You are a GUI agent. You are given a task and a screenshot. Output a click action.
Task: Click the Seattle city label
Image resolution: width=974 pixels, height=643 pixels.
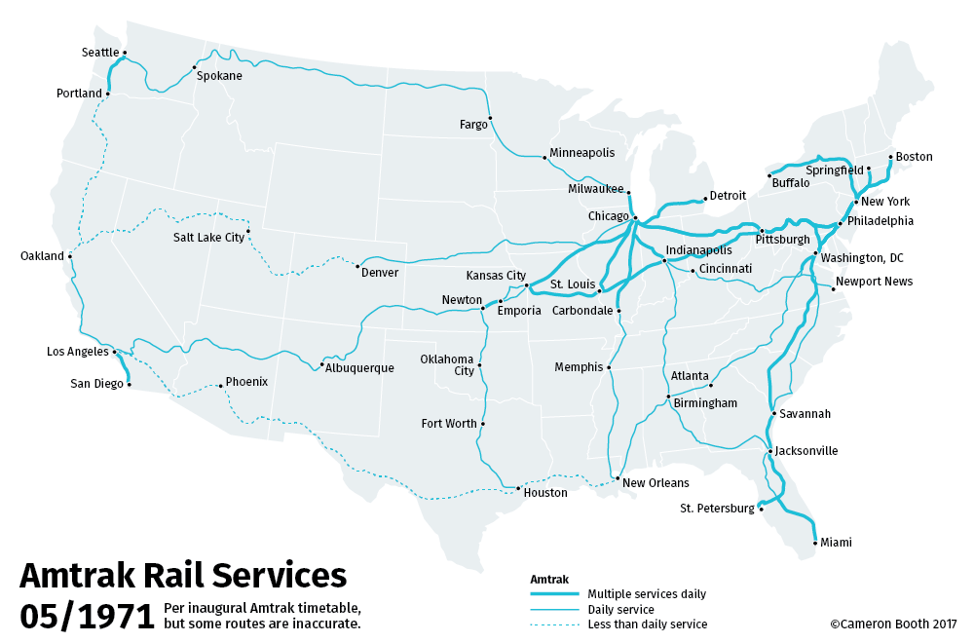pyautogui.click(x=100, y=53)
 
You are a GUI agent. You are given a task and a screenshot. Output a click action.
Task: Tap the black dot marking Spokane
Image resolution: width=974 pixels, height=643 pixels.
pyautogui.click(x=194, y=68)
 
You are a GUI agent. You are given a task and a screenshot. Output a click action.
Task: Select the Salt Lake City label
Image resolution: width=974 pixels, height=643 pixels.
pyautogui.click(x=208, y=237)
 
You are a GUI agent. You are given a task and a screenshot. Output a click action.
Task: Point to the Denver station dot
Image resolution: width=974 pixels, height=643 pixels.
pyautogui.click(x=358, y=266)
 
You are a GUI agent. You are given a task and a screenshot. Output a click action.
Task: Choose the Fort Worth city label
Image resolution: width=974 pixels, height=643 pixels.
pyautogui.click(x=449, y=424)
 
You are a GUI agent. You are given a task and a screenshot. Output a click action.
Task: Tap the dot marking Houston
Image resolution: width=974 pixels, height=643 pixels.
pyautogui.click(x=515, y=487)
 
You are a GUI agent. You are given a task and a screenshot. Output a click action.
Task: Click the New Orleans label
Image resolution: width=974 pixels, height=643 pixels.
pyautogui.click(x=656, y=483)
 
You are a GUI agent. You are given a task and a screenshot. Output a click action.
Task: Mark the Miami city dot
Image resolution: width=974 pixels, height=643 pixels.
pyautogui.click(x=814, y=543)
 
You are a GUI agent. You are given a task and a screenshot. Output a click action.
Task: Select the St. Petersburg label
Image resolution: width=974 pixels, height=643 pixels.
pyautogui.click(x=717, y=509)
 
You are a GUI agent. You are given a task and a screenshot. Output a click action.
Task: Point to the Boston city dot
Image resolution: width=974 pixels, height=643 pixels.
pyautogui.click(x=890, y=157)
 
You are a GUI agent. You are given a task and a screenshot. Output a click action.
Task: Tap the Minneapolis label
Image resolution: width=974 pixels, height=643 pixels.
pyautogui.click(x=582, y=154)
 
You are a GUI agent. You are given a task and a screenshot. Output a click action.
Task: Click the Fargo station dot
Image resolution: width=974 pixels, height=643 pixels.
pyautogui.click(x=490, y=118)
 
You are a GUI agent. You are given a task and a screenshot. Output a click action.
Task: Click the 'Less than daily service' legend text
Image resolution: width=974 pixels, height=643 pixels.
pyautogui.click(x=647, y=624)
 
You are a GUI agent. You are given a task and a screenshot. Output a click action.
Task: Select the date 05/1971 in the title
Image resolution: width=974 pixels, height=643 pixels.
pyautogui.click(x=87, y=616)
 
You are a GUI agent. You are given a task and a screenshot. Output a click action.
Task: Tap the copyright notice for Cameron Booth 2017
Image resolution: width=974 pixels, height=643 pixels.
pyautogui.click(x=893, y=624)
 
